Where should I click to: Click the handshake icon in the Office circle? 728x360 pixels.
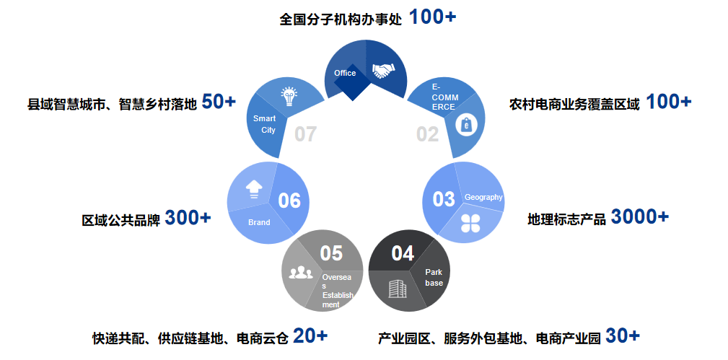point(384,70)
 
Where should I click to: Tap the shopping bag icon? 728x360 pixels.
point(467,126)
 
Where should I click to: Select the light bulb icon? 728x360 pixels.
point(289,95)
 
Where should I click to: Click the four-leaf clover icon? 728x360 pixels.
point(471,222)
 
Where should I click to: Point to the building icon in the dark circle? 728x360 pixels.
point(398,289)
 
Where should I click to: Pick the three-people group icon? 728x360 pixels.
point(300,273)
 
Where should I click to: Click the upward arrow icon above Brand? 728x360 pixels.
point(254,188)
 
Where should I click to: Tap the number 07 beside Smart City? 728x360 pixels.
point(305,134)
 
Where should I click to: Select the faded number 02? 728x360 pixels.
point(427,134)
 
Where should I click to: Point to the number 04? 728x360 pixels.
point(403,253)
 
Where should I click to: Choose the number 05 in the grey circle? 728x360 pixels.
point(331,253)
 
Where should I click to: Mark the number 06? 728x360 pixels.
point(289,201)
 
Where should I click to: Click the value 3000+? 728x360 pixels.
point(639,216)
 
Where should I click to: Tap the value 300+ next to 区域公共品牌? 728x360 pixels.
point(188,217)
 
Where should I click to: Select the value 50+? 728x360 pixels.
point(219,102)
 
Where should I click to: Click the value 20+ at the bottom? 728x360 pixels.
point(310,335)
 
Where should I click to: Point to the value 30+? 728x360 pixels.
point(622,335)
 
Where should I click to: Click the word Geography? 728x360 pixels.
point(483,197)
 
